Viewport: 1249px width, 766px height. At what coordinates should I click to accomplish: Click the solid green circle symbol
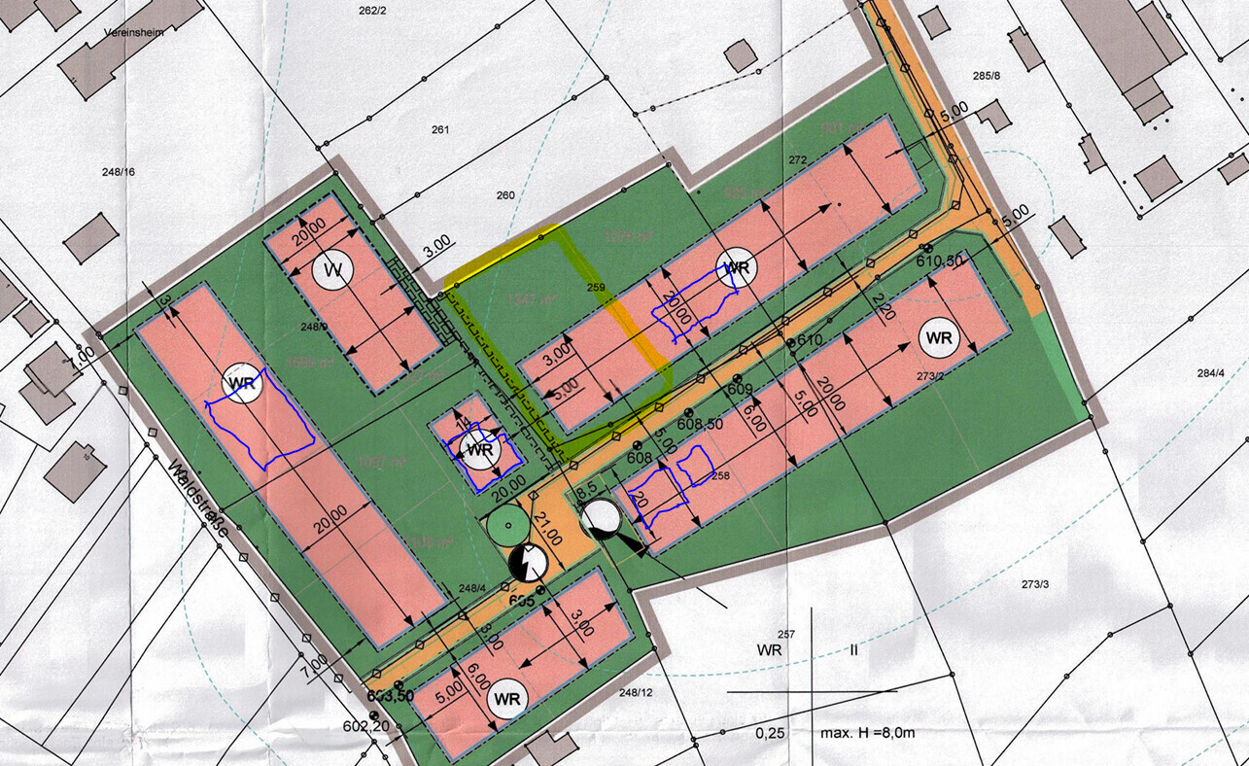506,526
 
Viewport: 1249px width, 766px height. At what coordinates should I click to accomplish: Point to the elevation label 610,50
939,261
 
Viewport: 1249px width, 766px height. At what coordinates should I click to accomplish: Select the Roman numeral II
853,649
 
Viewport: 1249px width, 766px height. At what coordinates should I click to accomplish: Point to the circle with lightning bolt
530,561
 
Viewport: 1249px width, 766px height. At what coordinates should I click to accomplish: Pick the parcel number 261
441,129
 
